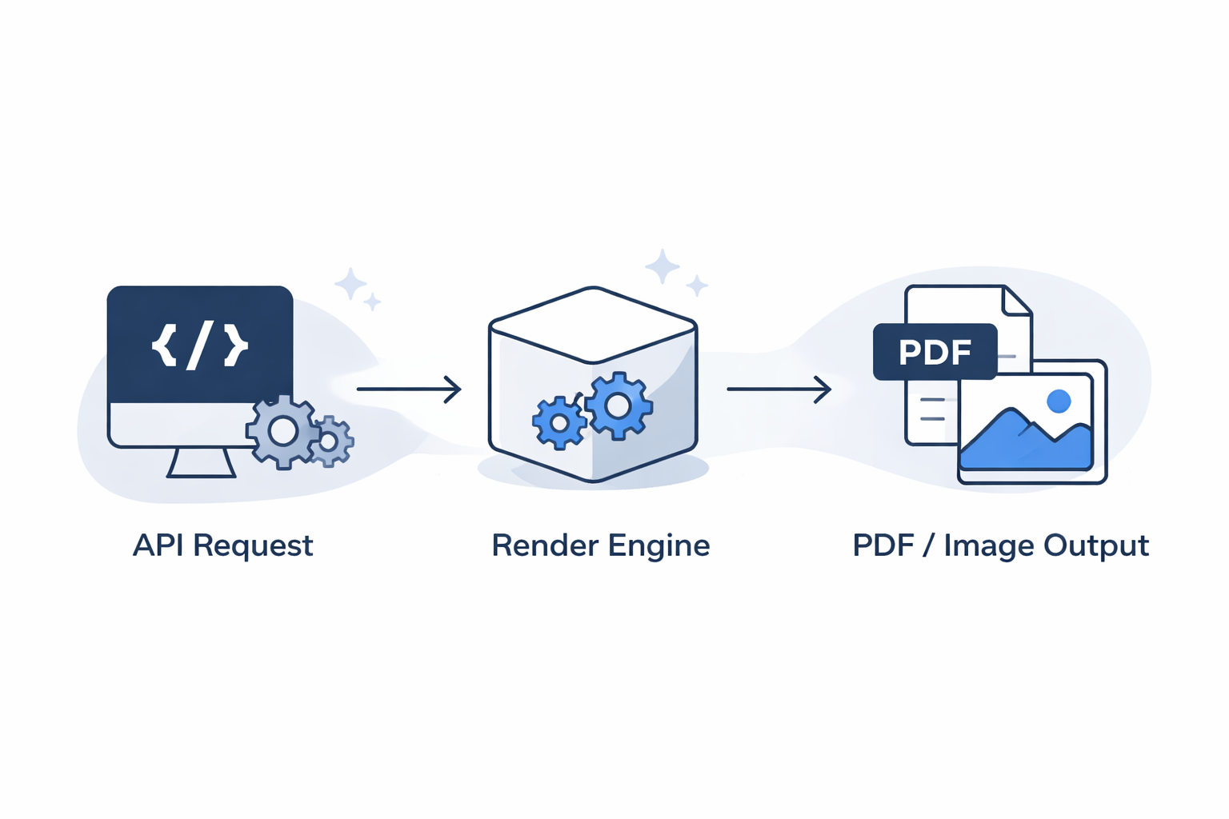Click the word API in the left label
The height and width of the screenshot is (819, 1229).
(x=158, y=545)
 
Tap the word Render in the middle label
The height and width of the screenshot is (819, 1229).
(x=544, y=545)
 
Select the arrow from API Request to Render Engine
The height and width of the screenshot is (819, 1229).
(x=409, y=390)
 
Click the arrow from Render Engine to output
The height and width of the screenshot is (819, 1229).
(x=779, y=390)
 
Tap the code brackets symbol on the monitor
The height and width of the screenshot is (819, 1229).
(x=200, y=346)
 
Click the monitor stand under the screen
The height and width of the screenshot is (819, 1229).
(x=201, y=463)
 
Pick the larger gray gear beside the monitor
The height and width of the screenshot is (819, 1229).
(x=282, y=432)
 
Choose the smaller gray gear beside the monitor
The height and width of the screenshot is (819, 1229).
(x=329, y=441)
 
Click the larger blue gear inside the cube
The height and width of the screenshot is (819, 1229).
(x=618, y=406)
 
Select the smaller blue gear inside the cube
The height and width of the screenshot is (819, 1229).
(x=559, y=422)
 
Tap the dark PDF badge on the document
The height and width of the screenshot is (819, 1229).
(x=935, y=352)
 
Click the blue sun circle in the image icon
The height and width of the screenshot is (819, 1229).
(x=1059, y=401)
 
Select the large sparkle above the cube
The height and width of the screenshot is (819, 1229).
(x=662, y=266)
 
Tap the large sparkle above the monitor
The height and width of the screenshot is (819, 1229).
(x=350, y=283)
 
